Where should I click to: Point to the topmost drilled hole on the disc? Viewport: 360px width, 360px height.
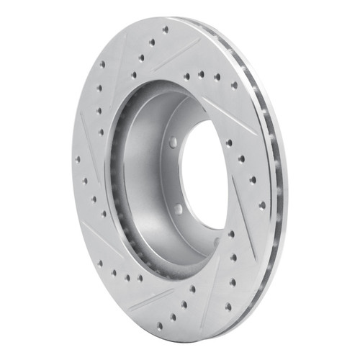[x=166, y=31]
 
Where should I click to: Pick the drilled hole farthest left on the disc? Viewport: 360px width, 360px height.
[x=78, y=159]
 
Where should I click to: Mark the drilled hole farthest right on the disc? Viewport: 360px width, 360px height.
[x=262, y=204]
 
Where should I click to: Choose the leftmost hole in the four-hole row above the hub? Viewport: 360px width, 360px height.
[x=186, y=75]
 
